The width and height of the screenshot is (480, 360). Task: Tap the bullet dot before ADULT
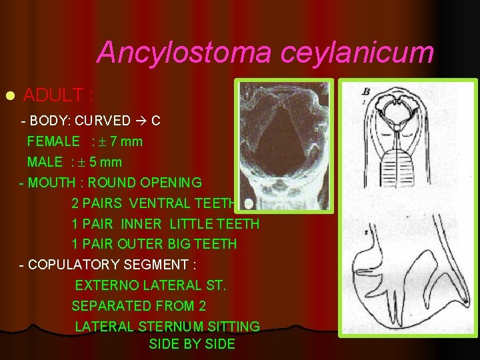click(9, 96)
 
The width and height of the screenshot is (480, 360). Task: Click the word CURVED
click(103, 121)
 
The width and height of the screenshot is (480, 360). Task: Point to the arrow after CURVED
click(141, 121)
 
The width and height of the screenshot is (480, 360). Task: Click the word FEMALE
click(53, 141)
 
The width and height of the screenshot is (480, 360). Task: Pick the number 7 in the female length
click(115, 141)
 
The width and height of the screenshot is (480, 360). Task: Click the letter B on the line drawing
click(366, 92)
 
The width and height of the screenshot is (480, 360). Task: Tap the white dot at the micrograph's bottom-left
click(249, 203)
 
